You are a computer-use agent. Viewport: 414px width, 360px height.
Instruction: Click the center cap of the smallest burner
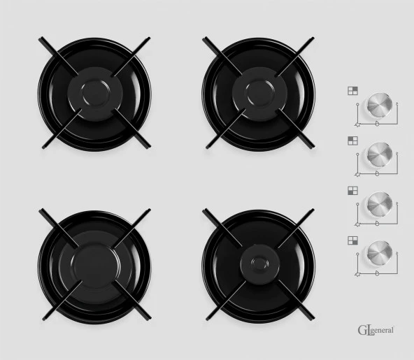click(260, 264)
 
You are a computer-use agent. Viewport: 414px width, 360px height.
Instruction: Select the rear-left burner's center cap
click(95, 94)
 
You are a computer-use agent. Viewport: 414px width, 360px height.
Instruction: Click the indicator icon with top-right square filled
click(352, 91)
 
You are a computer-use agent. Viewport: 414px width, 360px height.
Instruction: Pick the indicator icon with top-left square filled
click(352, 141)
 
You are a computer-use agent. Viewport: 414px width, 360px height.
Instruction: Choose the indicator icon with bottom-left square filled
click(352, 191)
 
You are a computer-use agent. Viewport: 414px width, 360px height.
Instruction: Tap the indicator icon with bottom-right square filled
click(352, 240)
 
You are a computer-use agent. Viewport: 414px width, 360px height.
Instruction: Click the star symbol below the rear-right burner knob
click(358, 125)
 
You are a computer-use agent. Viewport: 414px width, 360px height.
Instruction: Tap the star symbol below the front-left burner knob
click(358, 224)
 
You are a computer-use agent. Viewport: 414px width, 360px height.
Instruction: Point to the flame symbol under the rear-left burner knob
click(378, 173)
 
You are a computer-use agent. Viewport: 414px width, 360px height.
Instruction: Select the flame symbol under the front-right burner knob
click(378, 273)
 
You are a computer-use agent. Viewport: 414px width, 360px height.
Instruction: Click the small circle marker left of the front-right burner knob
click(357, 254)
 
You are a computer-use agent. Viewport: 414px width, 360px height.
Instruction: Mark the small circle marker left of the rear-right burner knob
click(357, 105)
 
